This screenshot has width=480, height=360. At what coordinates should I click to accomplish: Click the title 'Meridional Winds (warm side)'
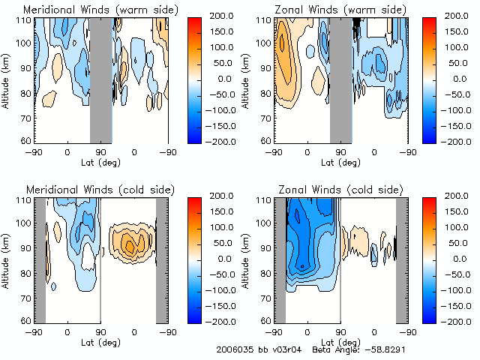coord(100,10)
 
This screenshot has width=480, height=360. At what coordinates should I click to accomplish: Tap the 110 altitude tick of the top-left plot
coord(25,20)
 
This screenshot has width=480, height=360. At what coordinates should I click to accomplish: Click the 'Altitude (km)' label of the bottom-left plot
coord(7,259)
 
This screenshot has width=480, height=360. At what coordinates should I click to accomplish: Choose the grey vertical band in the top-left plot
coord(100,79)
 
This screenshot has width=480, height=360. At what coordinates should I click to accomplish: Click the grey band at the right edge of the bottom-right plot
coord(402,259)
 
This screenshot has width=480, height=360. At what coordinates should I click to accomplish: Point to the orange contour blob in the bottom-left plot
coord(130,244)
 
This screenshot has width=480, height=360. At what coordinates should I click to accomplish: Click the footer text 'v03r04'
coord(284,350)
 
